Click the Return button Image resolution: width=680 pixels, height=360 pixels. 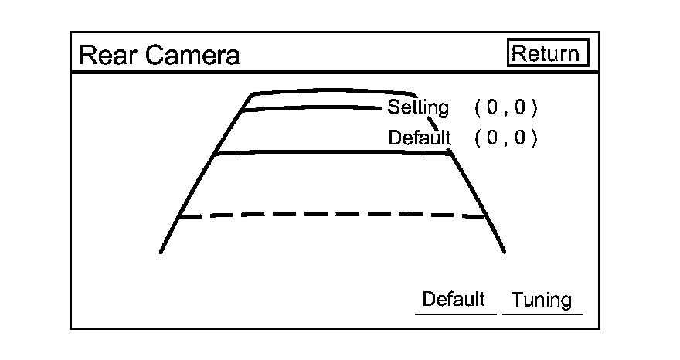click(549, 53)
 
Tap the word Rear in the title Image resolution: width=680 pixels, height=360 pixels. click(102, 56)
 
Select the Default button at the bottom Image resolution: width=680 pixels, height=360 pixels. click(454, 300)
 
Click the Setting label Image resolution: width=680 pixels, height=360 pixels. click(417, 107)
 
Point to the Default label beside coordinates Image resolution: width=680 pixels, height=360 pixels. click(419, 138)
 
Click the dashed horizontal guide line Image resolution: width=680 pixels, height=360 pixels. click(332, 214)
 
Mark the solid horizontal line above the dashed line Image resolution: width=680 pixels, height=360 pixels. click(332, 151)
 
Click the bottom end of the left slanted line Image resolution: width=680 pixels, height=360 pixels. click(161, 251)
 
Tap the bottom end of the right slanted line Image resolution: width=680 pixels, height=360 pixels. click(505, 252)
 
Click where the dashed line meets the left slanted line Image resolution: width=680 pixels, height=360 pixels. click(179, 217)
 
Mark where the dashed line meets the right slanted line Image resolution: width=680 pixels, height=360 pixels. click(486, 217)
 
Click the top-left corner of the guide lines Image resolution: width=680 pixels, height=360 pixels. click(252, 94)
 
